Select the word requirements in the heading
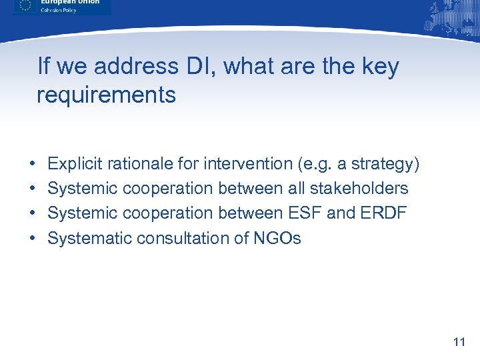coord(106,95)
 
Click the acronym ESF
coord(307,213)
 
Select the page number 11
coord(458,343)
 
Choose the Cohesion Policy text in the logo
coord(59,9)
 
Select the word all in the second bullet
coord(295,189)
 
